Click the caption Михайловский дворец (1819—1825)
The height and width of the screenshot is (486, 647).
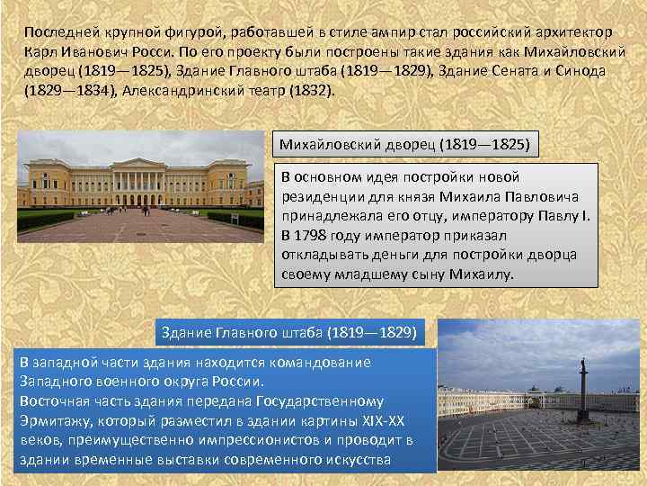pos(404,144)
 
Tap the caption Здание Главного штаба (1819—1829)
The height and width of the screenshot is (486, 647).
pos(288,332)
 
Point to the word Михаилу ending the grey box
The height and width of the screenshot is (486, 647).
pos(483,274)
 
